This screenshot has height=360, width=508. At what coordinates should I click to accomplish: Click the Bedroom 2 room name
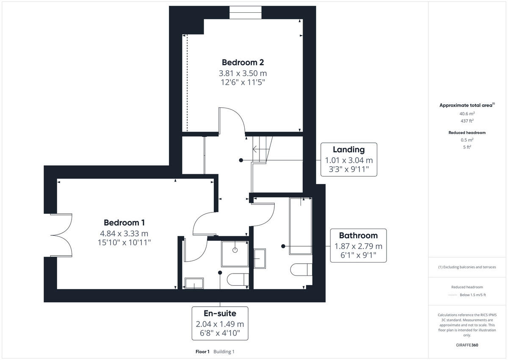coord(243,62)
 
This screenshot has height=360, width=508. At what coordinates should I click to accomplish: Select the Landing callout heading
coord(348,149)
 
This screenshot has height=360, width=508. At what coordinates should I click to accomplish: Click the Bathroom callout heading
coord(358,235)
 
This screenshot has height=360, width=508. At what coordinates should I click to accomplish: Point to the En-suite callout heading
coord(220,313)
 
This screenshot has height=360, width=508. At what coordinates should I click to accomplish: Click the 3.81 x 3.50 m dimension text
coord(243,73)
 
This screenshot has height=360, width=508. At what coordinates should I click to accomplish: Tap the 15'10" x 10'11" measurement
coord(124,243)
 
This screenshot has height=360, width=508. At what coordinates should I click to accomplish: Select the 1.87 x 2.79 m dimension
coord(358,246)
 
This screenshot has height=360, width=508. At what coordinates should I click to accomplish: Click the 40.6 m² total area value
coord(467,114)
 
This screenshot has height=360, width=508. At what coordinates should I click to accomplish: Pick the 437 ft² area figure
coord(467,121)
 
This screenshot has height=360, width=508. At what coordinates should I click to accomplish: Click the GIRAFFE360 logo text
coord(467,345)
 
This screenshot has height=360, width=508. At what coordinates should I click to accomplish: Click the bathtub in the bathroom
coord(301,226)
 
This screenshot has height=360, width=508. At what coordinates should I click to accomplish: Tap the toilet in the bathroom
coord(302,269)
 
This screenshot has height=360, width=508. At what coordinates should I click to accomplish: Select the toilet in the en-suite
coord(237,280)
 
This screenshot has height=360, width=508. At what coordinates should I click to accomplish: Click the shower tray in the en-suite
coord(235,254)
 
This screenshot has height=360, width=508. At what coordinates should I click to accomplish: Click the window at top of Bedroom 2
coord(245,12)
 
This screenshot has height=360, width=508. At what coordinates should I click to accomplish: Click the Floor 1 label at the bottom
coord(202,352)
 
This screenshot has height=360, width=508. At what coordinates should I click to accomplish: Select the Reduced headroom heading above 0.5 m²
coord(467,133)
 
